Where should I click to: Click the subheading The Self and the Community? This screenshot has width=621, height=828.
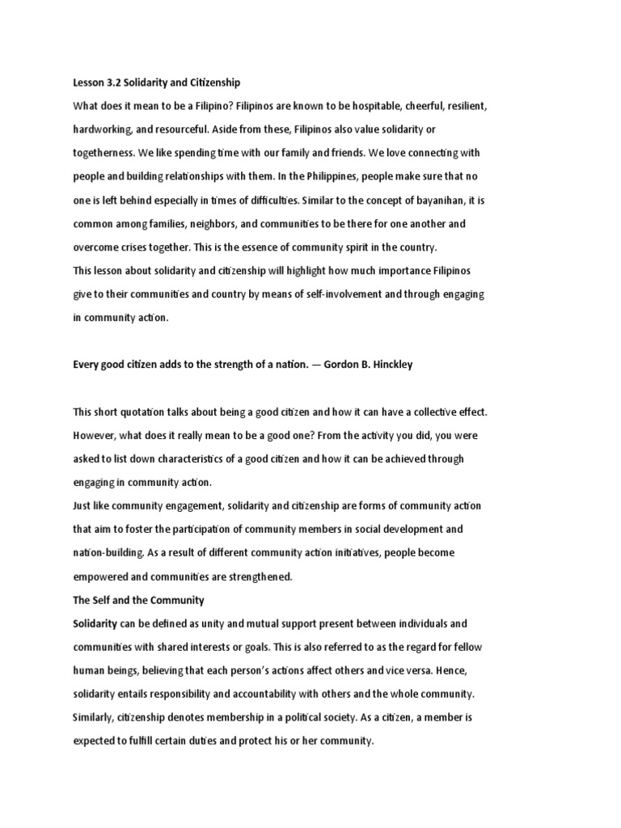click(x=138, y=600)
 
